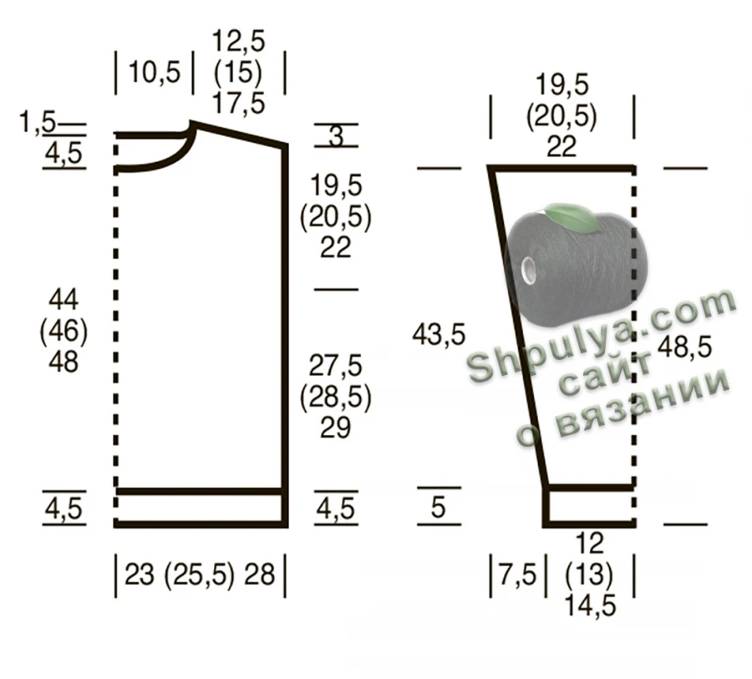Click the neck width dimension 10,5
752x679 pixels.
[155, 73]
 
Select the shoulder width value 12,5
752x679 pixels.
[238, 41]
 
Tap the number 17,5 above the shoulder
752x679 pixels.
[238, 104]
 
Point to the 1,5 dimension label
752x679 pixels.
[38, 122]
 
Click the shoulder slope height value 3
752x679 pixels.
[336, 135]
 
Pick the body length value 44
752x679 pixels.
[64, 300]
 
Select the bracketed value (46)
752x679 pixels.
[64, 331]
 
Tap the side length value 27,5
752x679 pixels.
[335, 366]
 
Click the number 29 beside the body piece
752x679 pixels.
[335, 428]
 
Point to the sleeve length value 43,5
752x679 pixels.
[439, 334]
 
